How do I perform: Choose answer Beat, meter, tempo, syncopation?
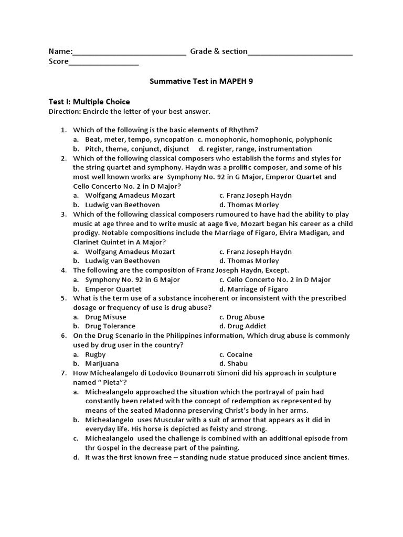click(x=139, y=139)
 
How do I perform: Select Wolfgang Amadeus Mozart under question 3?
click(x=130, y=251)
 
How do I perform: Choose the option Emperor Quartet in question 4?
click(x=113, y=289)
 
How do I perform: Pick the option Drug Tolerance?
click(x=110, y=326)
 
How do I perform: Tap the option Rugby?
click(x=96, y=355)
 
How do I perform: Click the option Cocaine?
click(x=240, y=355)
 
